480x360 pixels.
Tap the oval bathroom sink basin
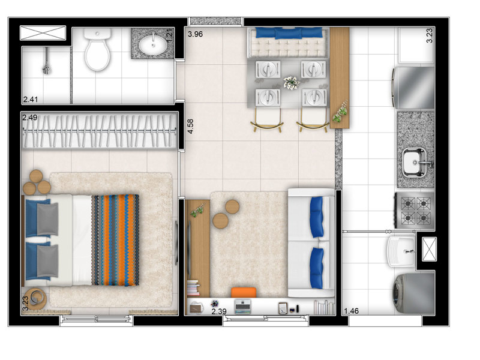153,45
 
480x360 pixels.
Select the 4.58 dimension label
190,126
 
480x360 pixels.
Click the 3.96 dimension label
196,34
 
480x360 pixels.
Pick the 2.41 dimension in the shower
31,99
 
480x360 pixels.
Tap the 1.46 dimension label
351,311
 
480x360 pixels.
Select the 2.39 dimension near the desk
219,311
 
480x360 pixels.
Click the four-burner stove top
415,211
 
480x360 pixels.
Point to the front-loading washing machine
413,293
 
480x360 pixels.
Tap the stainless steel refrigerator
413,88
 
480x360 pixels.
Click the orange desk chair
244,292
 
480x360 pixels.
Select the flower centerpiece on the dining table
291,83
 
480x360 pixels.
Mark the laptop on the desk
243,306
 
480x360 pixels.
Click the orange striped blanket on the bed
115,240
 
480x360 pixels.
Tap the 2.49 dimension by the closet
29,117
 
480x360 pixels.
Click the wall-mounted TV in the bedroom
176,242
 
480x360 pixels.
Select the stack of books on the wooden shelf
193,288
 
